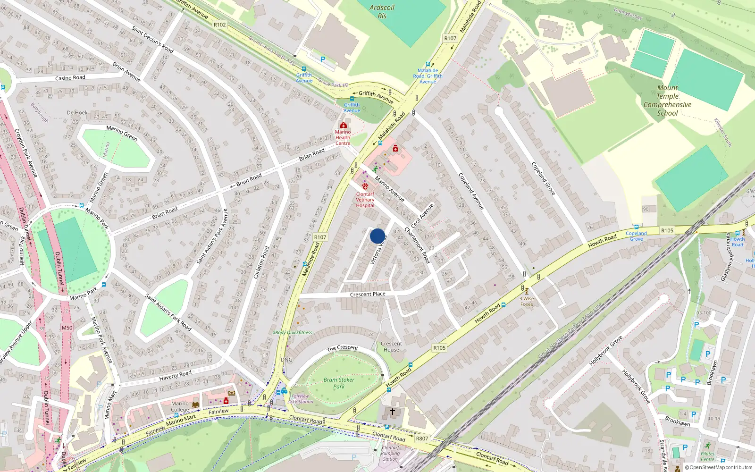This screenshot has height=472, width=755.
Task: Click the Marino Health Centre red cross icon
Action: coord(343,125)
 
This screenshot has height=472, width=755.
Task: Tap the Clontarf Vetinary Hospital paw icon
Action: coord(365,186)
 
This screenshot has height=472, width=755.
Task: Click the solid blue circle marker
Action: coord(377,236)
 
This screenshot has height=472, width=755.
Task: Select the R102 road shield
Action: coord(219,25)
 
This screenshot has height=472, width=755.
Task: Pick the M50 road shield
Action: coord(67,328)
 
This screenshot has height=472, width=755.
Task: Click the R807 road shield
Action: coord(422,438)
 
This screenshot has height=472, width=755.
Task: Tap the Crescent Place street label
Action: coord(368,294)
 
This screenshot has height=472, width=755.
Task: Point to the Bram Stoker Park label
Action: coord(339,383)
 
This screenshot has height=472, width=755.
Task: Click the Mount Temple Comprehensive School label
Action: coord(667,101)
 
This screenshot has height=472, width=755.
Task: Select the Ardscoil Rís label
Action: coord(382,12)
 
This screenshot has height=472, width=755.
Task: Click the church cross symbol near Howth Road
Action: coord(392,412)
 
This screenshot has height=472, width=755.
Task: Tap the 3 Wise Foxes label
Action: coord(527,301)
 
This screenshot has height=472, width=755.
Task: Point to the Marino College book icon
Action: coord(195,405)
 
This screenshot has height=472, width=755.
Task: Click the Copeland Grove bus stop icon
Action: coord(636,228)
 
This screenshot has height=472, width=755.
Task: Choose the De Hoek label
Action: coord(77,113)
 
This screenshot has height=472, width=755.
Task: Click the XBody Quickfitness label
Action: coord(293,332)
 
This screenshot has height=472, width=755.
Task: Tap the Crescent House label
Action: coord(391,346)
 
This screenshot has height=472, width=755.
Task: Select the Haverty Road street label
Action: coord(175,375)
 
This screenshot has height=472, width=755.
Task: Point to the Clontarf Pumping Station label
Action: coord(390,453)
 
